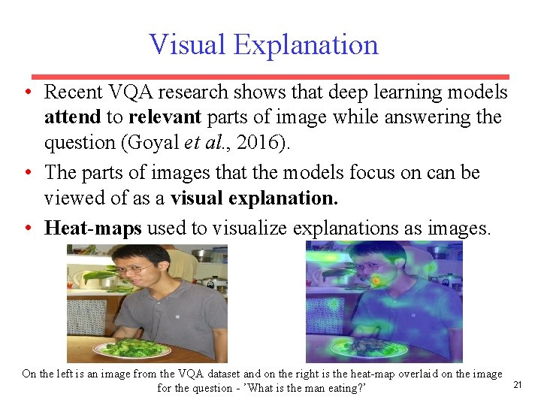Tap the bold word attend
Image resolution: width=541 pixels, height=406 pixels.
coord(71,118)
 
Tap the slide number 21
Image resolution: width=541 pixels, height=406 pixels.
coord(517,385)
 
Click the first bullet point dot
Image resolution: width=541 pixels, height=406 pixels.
coord(28,93)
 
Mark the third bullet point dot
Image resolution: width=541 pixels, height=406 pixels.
coord(28,228)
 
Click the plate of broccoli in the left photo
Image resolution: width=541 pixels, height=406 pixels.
coord(132,349)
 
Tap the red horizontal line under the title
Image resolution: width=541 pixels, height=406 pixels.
coord(270,77)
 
